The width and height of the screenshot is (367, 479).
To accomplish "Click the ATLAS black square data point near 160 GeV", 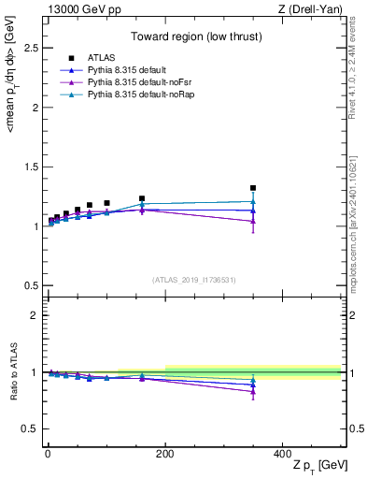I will coord(142,198).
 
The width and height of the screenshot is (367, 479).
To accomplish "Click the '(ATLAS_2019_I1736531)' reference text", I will coord(193,280).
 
